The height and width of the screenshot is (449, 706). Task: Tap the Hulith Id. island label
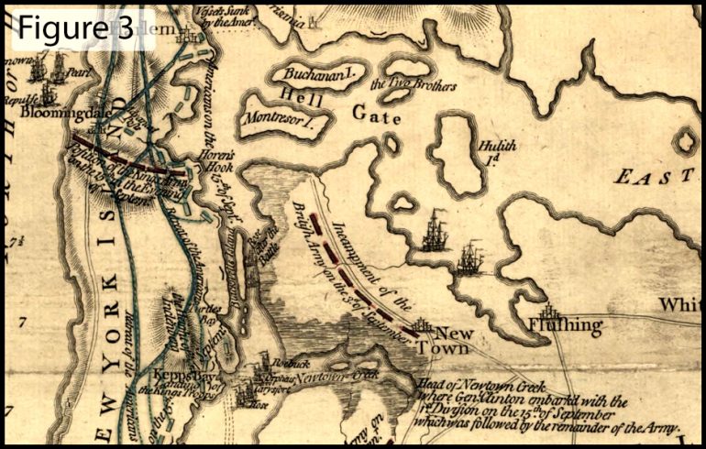point(500,151)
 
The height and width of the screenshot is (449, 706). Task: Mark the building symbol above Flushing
point(549,310)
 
